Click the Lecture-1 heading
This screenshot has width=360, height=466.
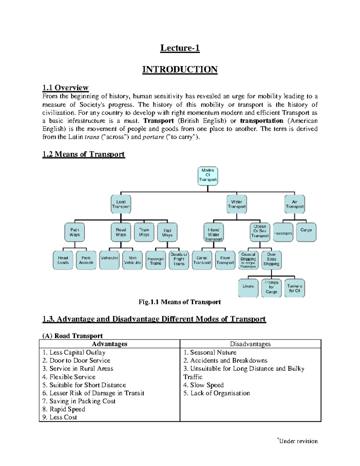click(180, 48)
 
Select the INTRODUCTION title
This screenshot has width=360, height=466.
click(180, 69)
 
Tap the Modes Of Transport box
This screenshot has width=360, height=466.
click(208, 176)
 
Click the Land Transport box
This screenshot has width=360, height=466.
click(121, 204)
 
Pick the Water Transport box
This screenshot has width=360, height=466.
click(237, 204)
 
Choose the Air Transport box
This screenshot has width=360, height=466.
click(295, 204)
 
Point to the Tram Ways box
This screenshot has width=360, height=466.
click(144, 232)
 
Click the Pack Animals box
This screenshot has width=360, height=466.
click(86, 260)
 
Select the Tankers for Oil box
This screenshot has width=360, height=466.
click(294, 288)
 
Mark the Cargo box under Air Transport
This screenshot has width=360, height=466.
click(306, 232)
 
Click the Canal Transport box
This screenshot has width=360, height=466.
click(202, 260)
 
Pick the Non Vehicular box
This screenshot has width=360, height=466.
click(133, 260)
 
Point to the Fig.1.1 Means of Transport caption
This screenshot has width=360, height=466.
click(179, 302)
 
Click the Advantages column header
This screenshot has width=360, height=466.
click(109, 344)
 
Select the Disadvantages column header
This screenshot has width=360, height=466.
click(250, 344)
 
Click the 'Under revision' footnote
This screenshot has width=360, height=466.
click(298, 441)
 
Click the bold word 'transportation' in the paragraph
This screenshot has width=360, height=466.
click(262, 121)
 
